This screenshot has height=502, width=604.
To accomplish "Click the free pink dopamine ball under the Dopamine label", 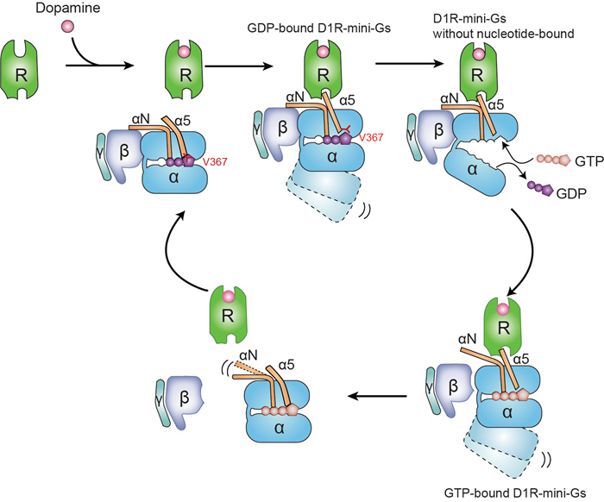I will point(66,28).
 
